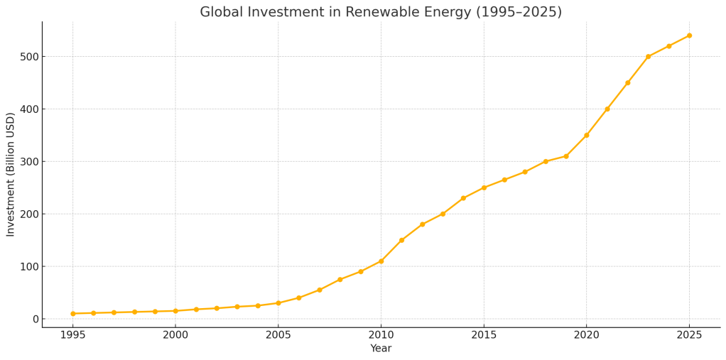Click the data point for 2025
pos(689,36)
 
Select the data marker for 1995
pos(72,314)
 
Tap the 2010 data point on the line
pos(381,261)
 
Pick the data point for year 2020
pos(586,135)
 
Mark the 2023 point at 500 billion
pos(648,57)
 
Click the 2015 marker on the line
pos(484,187)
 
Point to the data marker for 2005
pos(278,303)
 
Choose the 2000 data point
pos(175,311)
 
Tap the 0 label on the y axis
pos(34,320)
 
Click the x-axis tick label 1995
pos(72,334)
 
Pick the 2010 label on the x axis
pos(381,334)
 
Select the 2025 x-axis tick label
pos(689,334)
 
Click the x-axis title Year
pos(381,349)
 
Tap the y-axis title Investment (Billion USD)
pos(11,174)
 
